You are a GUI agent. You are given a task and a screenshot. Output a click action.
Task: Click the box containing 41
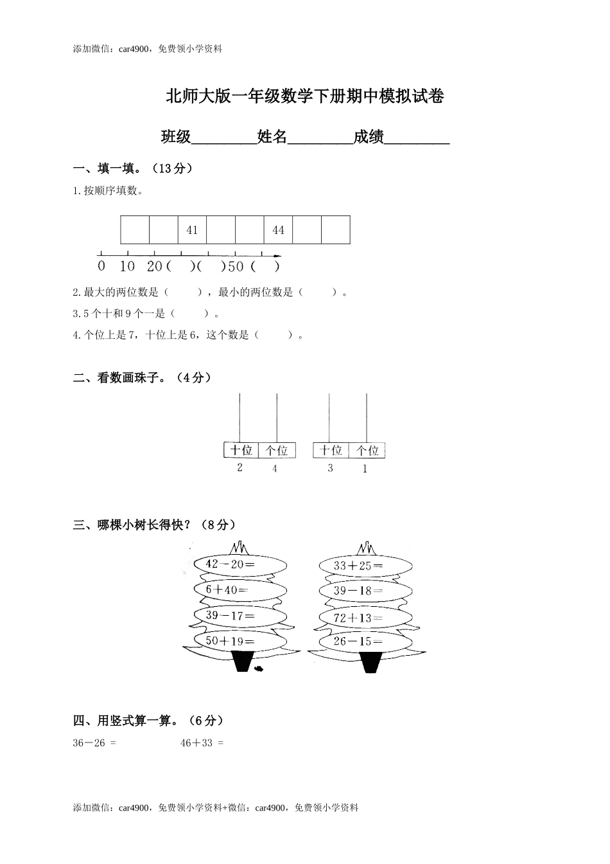[192, 230]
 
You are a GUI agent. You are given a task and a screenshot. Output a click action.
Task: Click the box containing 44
[278, 230]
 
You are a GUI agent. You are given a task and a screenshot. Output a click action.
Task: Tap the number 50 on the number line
[236, 265]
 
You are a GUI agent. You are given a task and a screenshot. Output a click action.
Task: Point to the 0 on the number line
[101, 265]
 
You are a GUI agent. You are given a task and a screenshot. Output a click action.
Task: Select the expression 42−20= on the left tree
[230, 564]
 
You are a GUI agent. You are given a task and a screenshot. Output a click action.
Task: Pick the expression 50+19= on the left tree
[230, 641]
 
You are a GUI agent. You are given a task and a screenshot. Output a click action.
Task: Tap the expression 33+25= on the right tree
[358, 566]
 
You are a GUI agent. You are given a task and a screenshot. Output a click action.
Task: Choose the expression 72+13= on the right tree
[358, 618]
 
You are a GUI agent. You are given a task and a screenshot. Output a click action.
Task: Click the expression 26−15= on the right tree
[358, 641]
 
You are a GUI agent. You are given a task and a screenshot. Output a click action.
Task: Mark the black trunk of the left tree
[243, 661]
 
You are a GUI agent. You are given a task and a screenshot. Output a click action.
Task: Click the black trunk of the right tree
[369, 662]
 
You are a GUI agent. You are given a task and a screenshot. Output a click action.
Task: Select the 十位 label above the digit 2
[241, 450]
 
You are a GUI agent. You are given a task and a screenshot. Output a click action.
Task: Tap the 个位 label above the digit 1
[368, 450]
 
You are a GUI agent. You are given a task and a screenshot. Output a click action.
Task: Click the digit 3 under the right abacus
[330, 468]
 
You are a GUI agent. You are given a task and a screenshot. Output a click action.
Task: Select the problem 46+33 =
[202, 743]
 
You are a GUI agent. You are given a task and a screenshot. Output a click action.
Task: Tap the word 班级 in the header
[176, 137]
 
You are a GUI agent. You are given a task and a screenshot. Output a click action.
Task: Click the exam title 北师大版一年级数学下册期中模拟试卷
[305, 97]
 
